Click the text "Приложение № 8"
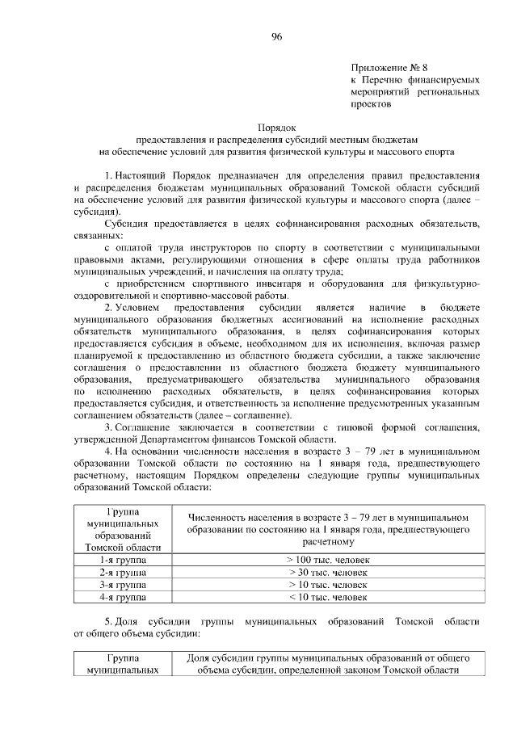384,69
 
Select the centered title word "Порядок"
277,127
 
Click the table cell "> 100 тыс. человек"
327,559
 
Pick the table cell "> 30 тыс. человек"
327,572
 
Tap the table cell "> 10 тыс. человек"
327,584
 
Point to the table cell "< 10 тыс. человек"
327,597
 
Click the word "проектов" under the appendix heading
371,104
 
